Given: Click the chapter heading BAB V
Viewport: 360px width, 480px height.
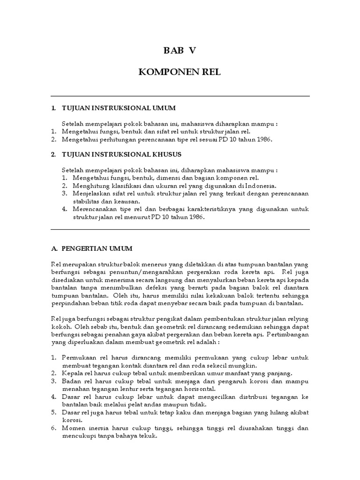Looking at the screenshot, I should (x=180, y=51).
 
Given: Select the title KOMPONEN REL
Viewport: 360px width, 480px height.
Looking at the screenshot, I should (x=180, y=73).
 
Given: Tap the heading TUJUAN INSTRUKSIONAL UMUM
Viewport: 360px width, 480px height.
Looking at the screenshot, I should (x=119, y=108).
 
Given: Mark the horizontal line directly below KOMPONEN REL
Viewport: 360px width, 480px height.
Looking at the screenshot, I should (x=180, y=96).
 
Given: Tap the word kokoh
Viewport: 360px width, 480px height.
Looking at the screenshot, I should (x=59, y=327).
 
